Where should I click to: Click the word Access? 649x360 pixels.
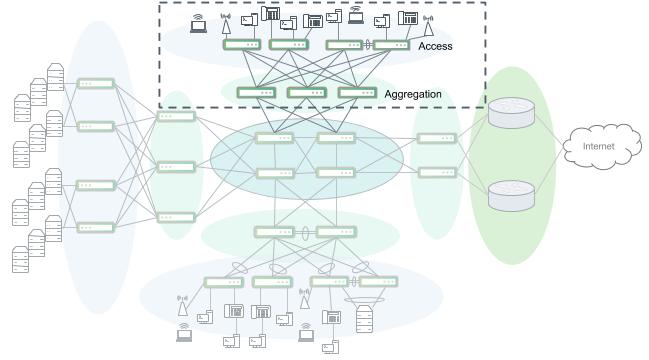pos(435,46)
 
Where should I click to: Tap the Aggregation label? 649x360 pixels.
pos(413,94)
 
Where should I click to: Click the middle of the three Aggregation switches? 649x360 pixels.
pos(307,93)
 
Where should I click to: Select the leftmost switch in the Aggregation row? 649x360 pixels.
pos(256,93)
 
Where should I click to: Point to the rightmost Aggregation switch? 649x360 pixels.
pos(357,93)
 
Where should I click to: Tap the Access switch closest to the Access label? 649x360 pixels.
pos(391,45)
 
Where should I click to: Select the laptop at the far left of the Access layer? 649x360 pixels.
pos(198,20)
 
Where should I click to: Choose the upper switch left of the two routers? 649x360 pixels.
pos(437,137)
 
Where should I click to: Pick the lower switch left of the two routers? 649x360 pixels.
pos(437,172)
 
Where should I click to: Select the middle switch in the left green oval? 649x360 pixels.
pos(176,167)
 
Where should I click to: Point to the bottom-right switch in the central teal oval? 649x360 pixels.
pos(335,173)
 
